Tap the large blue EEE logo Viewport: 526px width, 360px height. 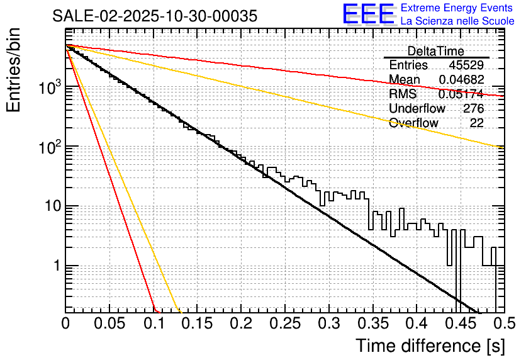pos(369,14)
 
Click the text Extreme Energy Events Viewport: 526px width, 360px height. pos(457,8)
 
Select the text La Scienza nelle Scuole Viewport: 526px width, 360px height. pos(457,21)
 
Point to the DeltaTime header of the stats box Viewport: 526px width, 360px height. pos(436,51)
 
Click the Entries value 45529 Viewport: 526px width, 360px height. pos(466,65)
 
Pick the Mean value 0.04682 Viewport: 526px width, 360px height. pos(461,79)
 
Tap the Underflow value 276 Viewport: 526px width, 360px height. pos(473,108)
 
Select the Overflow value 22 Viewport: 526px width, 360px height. pos(477,123)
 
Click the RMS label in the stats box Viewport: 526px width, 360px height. pos(403,94)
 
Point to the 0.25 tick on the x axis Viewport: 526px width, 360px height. pos(283,324)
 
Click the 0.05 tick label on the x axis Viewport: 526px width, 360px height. pos(109,324)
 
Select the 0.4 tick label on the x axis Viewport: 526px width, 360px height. pos(416,324)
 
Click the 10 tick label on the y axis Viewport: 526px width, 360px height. pos(50,206)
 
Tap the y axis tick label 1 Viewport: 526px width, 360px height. pos(55,266)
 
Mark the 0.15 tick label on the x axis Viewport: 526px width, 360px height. pos(196,324)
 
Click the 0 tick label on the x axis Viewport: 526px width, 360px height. pos(66,324)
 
